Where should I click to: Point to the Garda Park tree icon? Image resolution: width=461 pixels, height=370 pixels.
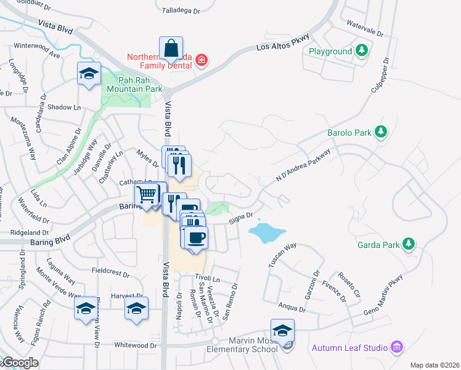408,244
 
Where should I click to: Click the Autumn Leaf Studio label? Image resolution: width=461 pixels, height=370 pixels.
350,348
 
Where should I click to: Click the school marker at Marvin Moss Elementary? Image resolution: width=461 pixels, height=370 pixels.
282,331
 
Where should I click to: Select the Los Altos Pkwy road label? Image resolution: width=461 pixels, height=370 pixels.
280,47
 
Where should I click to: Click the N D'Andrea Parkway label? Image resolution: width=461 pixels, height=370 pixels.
303,166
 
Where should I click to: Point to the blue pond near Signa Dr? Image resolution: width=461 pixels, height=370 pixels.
267,233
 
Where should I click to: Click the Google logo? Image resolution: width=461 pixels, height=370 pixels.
20,363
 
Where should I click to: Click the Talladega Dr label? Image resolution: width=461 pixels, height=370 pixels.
181,11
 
